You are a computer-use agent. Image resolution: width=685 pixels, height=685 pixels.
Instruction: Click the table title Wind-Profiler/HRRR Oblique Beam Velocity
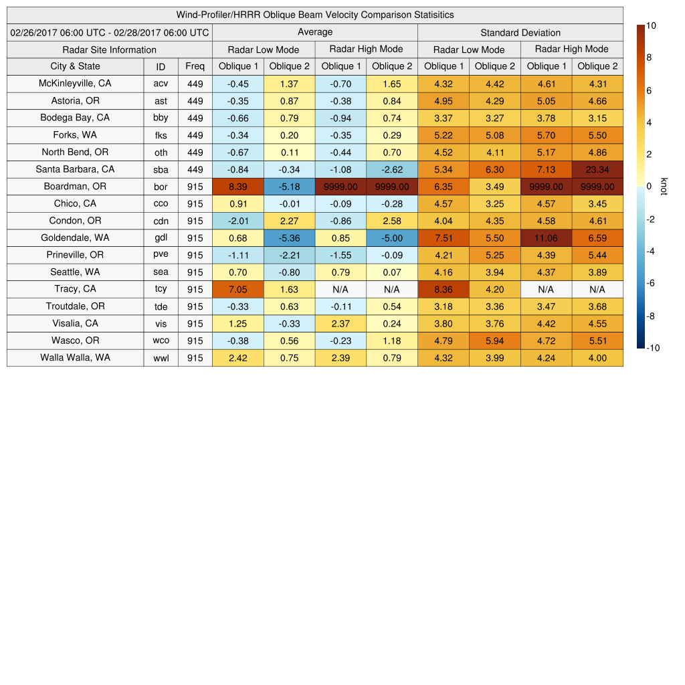tap(314, 15)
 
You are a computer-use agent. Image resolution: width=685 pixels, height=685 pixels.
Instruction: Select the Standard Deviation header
tap(520, 33)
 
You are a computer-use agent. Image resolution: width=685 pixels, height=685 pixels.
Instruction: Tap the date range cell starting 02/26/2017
tap(110, 33)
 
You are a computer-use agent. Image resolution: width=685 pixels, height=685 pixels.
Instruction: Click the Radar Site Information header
tap(109, 50)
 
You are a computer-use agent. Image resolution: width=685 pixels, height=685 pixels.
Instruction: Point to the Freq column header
tap(195, 66)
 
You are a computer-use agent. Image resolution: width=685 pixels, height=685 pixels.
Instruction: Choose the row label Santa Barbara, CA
tap(75, 169)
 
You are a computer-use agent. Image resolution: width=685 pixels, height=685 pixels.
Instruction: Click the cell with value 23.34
tap(597, 169)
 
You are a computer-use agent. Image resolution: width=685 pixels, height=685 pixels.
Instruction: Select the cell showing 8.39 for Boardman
tap(237, 187)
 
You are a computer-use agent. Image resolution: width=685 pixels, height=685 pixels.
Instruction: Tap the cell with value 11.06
tap(546, 238)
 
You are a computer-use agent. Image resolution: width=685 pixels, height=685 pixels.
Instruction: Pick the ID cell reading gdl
tap(161, 238)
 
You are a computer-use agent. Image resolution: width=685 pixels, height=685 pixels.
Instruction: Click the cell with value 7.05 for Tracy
tap(237, 289)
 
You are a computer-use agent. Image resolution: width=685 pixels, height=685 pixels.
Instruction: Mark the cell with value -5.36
tap(289, 238)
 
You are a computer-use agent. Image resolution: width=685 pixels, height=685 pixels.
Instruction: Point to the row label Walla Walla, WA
tap(75, 358)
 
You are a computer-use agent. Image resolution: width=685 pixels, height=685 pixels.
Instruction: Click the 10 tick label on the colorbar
tap(651, 25)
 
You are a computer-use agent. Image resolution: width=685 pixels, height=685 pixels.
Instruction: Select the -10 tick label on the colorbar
tap(652, 348)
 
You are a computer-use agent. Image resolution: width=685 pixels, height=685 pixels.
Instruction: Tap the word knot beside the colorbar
tap(664, 187)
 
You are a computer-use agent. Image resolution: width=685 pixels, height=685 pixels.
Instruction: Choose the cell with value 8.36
tap(443, 289)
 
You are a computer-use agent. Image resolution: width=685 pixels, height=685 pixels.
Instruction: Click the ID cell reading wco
tap(161, 340)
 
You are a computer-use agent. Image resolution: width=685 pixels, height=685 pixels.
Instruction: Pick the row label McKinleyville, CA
tap(75, 84)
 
